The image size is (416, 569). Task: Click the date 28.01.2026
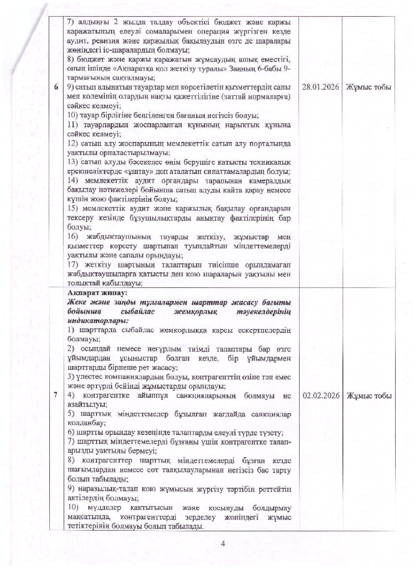(x=321, y=87)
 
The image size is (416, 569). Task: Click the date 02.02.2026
(x=321, y=396)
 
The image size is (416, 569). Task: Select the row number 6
(x=56, y=87)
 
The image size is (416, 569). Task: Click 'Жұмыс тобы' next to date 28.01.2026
(x=368, y=87)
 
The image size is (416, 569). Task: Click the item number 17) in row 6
(x=74, y=265)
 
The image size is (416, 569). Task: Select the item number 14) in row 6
(x=74, y=181)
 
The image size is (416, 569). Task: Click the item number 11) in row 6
(x=74, y=125)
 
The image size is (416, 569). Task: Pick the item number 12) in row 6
(x=74, y=143)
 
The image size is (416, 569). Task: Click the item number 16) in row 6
(x=74, y=237)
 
